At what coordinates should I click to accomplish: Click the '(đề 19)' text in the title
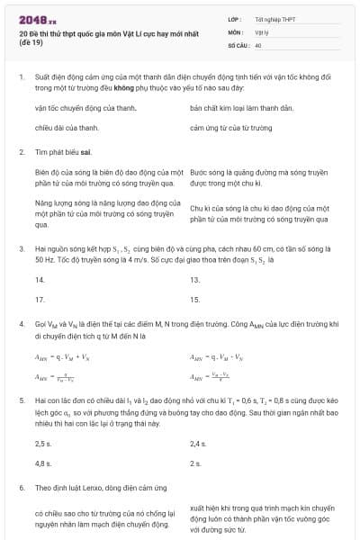click(x=30, y=42)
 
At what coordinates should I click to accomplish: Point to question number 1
click(x=21, y=78)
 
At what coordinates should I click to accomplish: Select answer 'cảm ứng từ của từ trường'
click(x=230, y=128)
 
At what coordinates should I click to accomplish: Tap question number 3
click(x=21, y=247)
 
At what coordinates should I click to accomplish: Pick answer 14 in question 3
click(x=40, y=280)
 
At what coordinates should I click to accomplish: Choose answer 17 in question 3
click(x=40, y=298)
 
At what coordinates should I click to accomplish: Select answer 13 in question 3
click(x=195, y=280)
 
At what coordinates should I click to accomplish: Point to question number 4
click(x=21, y=322)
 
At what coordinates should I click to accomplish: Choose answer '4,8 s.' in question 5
click(x=43, y=463)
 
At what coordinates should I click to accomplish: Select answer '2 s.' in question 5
click(x=195, y=463)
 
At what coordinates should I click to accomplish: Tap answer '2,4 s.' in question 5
click(x=199, y=445)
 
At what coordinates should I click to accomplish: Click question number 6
click(x=21, y=487)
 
